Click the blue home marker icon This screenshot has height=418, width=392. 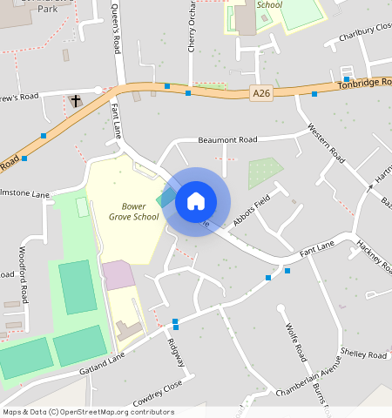click(x=196, y=201)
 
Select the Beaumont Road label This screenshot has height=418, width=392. click(x=227, y=139)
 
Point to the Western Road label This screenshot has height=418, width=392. click(x=328, y=144)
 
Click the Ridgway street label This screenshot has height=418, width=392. click(x=176, y=350)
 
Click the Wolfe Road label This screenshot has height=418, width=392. click(x=296, y=341)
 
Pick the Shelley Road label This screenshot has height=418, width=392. click(x=363, y=355)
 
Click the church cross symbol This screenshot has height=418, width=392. click(x=76, y=101)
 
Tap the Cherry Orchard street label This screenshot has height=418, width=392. click(x=192, y=26)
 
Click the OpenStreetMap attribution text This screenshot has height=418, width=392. click(x=88, y=412)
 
